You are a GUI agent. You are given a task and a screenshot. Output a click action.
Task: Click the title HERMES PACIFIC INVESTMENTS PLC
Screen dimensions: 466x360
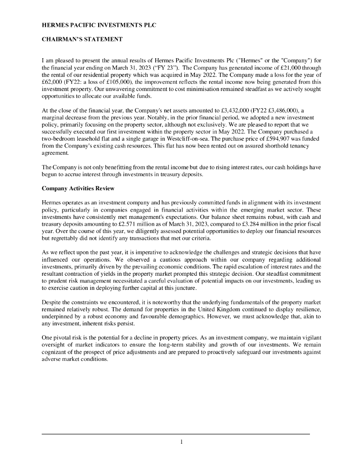99,25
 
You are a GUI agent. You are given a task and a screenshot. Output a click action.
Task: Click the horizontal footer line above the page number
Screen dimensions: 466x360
176,434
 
